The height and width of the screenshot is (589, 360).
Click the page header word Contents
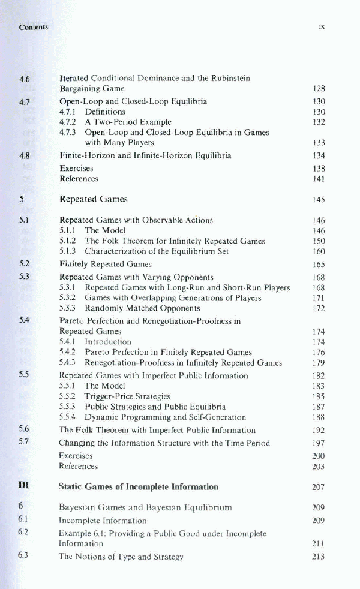[33, 27]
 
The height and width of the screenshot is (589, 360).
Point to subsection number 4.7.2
[70, 122]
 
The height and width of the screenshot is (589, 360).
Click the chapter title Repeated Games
[93, 199]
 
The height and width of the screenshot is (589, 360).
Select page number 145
[319, 199]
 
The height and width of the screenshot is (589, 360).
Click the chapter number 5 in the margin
[21, 199]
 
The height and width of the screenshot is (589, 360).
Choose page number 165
[319, 264]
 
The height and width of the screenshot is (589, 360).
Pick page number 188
[319, 417]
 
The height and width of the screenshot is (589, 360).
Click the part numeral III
[23, 486]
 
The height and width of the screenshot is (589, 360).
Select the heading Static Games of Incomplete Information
[138, 486]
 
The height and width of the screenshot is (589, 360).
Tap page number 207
[319, 487]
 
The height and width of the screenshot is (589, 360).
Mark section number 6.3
[24, 556]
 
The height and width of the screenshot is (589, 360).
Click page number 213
[319, 557]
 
